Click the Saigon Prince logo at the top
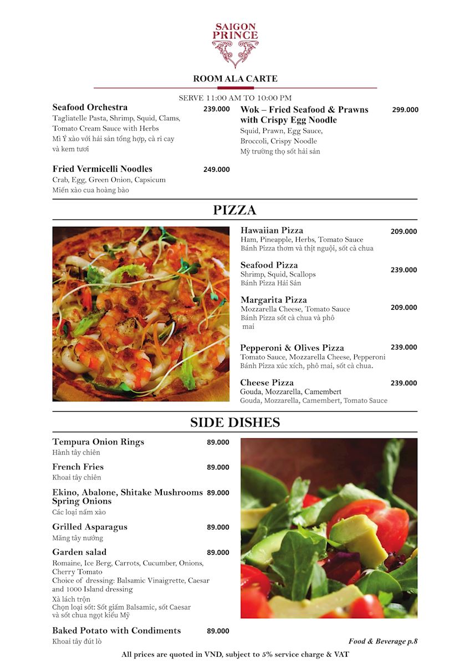point(235,44)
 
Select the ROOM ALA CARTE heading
point(235,79)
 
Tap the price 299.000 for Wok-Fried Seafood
point(405,110)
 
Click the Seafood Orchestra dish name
point(90,108)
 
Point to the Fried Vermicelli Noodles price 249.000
point(216,170)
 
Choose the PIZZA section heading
point(235,210)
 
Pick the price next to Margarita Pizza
point(403,308)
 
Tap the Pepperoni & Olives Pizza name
point(292,348)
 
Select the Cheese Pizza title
point(267,383)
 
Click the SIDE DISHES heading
point(235,423)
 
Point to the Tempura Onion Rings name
point(98,442)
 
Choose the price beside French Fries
point(218,467)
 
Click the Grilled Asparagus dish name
point(90,527)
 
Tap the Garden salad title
point(79,553)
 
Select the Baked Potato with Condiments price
point(218,631)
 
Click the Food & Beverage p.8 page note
point(382,642)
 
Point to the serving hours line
point(235,98)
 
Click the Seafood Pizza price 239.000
point(403,270)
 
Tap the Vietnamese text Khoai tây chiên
point(76,478)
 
